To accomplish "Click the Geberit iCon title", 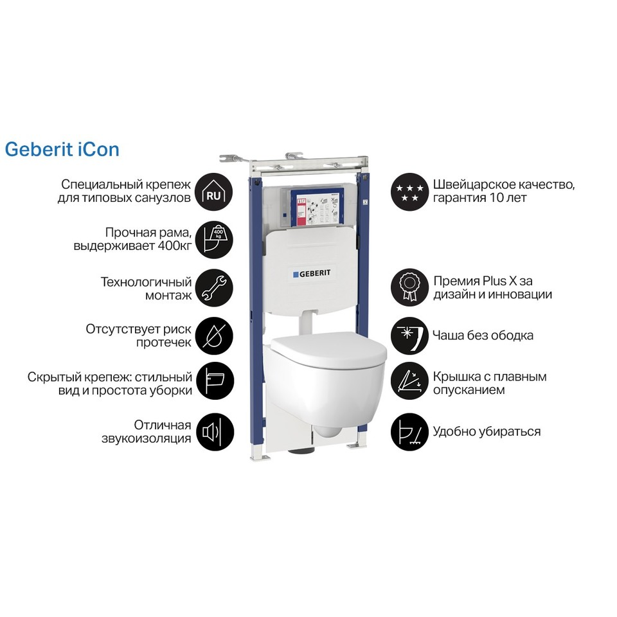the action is [x=62, y=150].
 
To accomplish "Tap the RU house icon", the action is [x=214, y=192].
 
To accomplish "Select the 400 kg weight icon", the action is [x=214, y=240].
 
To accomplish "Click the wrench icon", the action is [x=214, y=288].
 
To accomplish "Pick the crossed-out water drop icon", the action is [x=214, y=336].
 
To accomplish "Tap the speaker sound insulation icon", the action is [x=214, y=432].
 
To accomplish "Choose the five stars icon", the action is [x=409, y=192].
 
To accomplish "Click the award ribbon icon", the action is [x=409, y=288].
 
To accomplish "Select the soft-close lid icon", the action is [x=409, y=381].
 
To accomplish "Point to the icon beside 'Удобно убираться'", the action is [x=409, y=432].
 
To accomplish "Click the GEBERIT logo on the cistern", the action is [x=312, y=274].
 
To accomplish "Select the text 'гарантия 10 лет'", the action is [x=479, y=197].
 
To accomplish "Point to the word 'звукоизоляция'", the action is [x=147, y=438].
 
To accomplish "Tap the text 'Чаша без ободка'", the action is [x=483, y=335].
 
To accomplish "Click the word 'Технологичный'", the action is [x=146, y=282].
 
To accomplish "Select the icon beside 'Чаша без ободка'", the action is [x=409, y=336].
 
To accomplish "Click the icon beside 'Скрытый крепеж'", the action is [x=214, y=381].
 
